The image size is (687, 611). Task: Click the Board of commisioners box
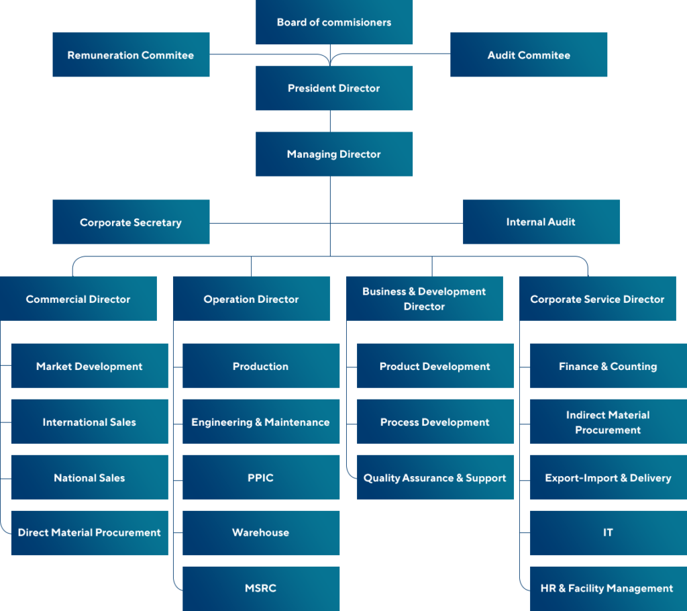334,22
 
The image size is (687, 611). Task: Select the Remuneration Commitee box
131,55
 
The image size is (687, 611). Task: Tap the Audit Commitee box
529,55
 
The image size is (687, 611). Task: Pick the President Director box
334,88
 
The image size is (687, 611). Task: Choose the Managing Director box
334,154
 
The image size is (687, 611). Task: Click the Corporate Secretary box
131,222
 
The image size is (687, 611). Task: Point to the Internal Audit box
541,222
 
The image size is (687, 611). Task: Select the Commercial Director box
78,299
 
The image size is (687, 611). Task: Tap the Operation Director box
251,299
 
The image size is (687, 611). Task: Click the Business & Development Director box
424,299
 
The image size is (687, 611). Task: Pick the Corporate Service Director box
597,299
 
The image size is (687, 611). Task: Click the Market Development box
89,366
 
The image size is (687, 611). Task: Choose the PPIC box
261,477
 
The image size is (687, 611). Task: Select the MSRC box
261,588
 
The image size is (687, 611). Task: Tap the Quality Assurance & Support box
435,477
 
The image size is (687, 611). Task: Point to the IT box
608,532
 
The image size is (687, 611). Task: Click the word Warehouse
261,532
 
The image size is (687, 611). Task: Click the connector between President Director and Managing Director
330,121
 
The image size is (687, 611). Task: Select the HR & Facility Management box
607,588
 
